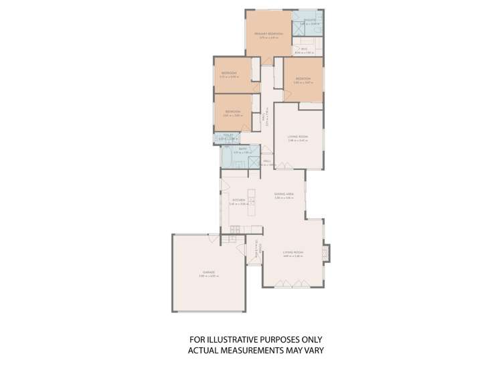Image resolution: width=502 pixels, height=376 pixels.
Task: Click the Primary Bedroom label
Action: pos(268,33)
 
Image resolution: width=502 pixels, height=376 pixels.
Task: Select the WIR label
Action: pos(303,49)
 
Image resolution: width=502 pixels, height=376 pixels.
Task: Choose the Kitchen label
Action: pos(238,199)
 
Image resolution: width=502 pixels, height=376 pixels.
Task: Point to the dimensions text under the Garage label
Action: pos(209,276)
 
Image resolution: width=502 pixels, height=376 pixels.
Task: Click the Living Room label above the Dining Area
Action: pos(297,136)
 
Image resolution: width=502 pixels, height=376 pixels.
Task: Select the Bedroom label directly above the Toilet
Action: pos(232,111)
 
